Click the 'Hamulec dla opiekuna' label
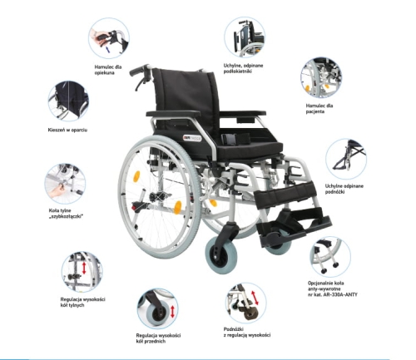(x=108, y=70)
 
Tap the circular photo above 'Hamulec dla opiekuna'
(x=109, y=38)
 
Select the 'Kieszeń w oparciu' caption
(x=67, y=130)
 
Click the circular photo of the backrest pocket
(x=68, y=101)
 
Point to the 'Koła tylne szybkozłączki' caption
(x=66, y=214)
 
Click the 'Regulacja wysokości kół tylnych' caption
(x=82, y=302)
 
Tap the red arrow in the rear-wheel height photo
(x=84, y=268)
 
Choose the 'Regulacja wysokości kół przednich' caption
(x=158, y=338)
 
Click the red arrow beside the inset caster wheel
(x=172, y=312)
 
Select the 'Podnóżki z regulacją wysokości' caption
(x=247, y=332)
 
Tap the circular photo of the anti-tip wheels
(x=330, y=257)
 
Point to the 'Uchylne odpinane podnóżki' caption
(x=344, y=189)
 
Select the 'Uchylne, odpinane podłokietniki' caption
(x=243, y=68)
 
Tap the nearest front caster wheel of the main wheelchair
(x=221, y=255)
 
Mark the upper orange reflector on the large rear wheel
(x=136, y=176)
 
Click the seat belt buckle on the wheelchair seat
(x=229, y=138)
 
